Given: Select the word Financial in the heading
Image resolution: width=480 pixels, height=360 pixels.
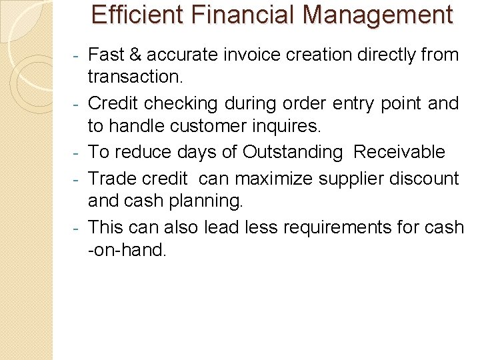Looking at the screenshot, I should [x=238, y=15].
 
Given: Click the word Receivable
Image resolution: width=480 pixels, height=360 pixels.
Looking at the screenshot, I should [x=399, y=152].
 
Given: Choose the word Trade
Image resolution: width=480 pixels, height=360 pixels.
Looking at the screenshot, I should [x=113, y=179].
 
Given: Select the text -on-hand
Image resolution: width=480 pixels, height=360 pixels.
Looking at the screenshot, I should [x=128, y=251].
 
